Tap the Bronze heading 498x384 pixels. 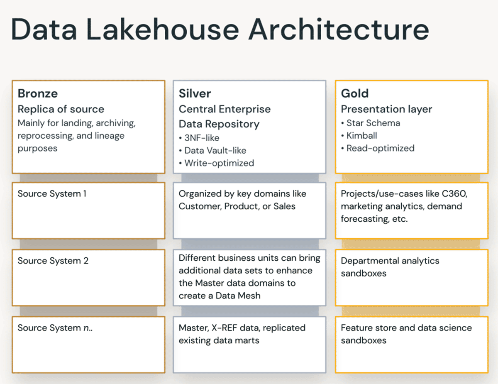(38, 93)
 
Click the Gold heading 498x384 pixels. (355, 93)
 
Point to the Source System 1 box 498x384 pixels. (88, 210)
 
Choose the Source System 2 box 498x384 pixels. (88, 277)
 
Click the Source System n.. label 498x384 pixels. (55, 328)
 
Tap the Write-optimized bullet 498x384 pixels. (216, 163)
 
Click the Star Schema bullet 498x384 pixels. (370, 123)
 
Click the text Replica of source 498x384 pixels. (61, 109)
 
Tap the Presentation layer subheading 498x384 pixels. (386, 109)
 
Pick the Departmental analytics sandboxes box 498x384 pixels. (411, 277)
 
